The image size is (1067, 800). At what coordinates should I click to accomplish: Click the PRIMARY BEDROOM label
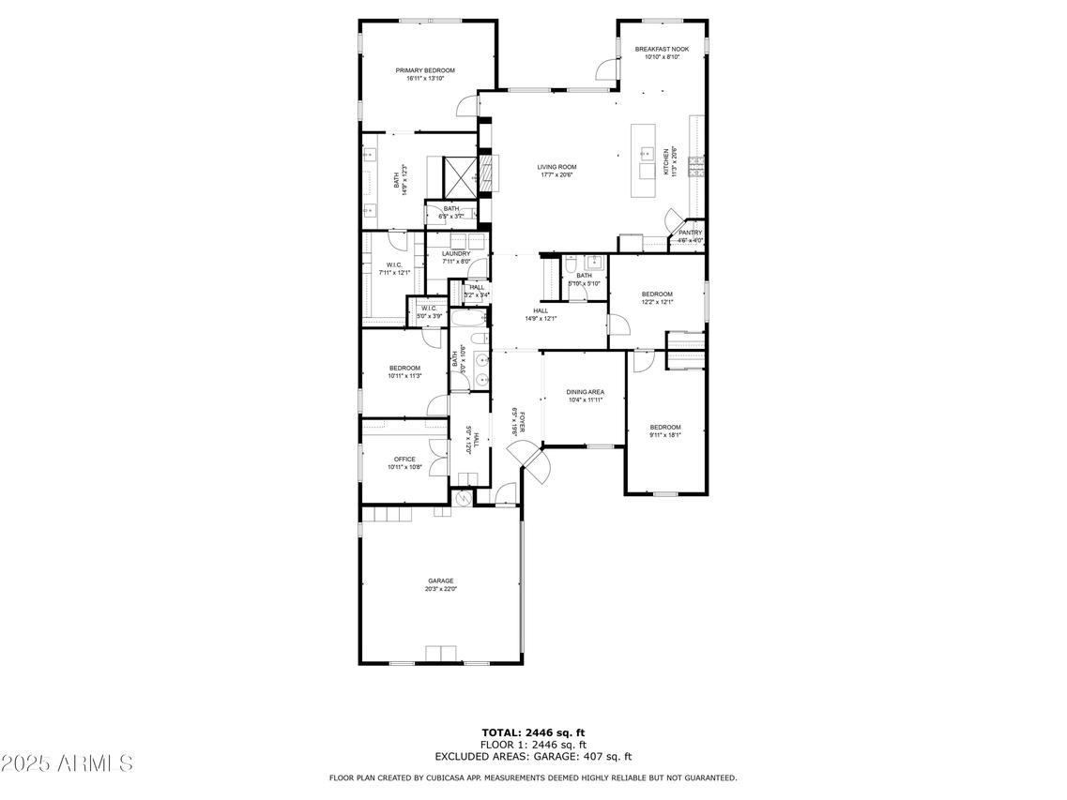coord(424,70)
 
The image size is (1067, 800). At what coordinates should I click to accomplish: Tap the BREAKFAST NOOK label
coord(662,49)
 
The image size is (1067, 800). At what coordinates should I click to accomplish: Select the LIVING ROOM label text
coord(556,167)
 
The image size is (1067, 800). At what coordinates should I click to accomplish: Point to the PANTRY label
coord(690,233)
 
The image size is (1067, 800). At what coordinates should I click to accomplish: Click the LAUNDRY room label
coord(456,253)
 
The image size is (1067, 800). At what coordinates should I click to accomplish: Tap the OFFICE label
coord(404,459)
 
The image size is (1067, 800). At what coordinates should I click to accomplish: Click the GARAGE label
coord(441,581)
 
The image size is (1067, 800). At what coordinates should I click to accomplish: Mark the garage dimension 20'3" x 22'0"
coord(441,589)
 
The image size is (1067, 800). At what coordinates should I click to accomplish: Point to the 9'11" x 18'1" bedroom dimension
coord(664,435)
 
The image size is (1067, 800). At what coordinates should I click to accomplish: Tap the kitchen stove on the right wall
coord(697,167)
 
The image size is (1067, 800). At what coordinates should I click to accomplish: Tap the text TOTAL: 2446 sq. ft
coord(533,732)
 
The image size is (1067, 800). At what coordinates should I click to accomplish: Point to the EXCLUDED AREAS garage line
coord(533,756)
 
